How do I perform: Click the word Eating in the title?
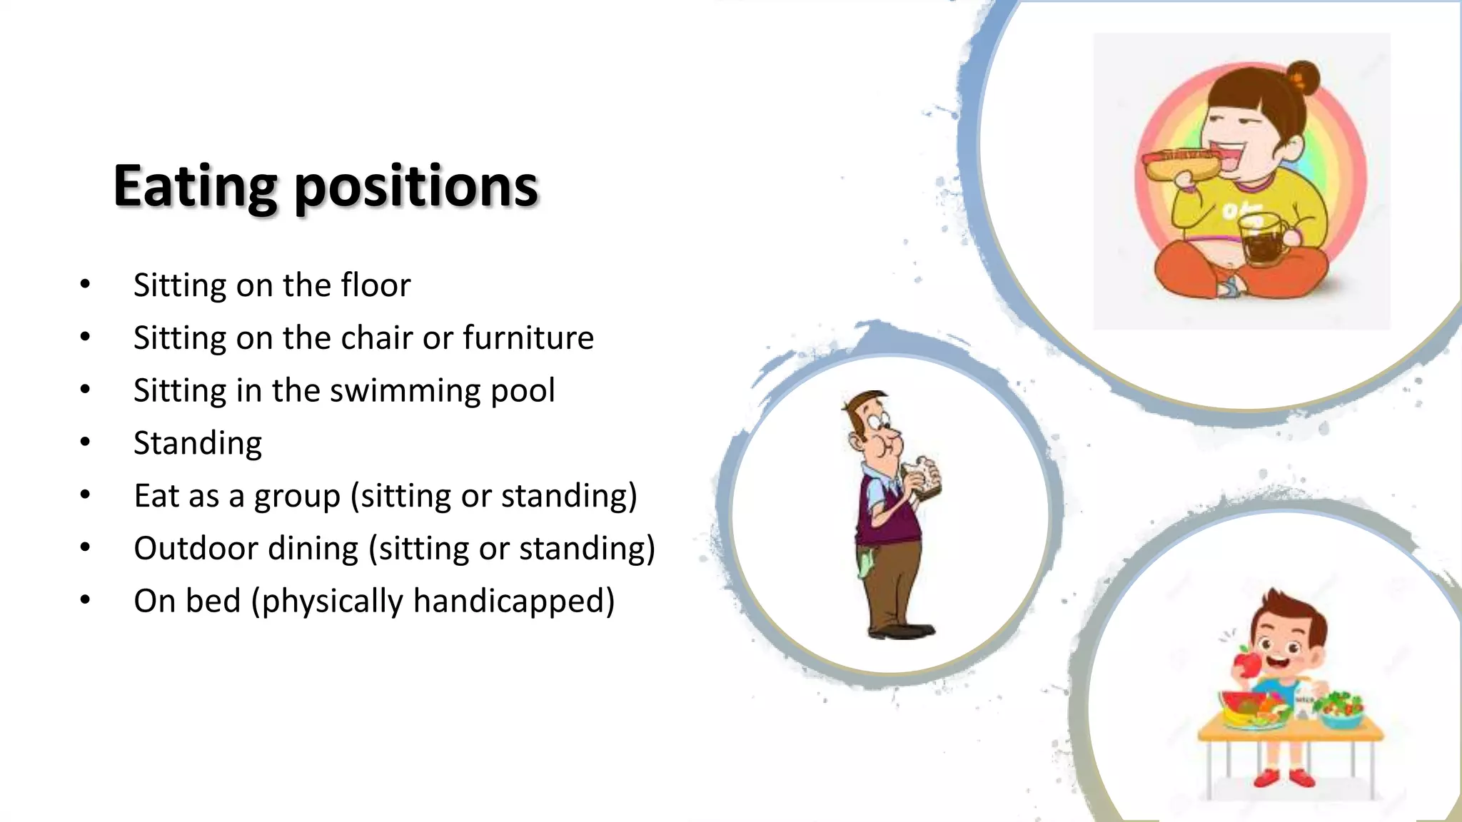pos(194,187)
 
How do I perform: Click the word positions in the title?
pos(415,187)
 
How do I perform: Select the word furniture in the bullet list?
pos(528,338)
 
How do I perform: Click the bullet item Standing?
pos(198,443)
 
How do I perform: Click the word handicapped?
pos(513,602)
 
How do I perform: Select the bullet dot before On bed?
pos(85,600)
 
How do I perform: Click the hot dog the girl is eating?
pos(1181,165)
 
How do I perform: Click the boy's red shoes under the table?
pos(1285,776)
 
